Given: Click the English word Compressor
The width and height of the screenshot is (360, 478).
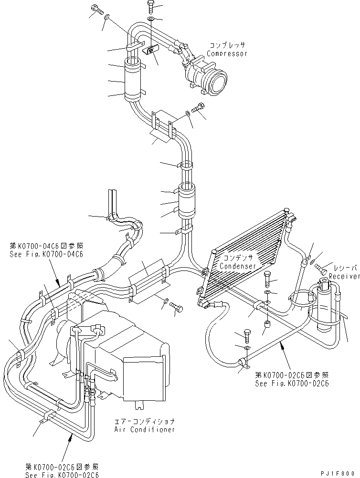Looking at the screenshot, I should click(227, 53).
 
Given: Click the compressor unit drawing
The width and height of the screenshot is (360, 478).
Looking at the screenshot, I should click(208, 76).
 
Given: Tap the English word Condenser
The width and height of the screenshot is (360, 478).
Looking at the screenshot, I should click(239, 266).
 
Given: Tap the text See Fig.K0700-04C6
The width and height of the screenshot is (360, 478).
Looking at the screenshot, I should click(46, 254).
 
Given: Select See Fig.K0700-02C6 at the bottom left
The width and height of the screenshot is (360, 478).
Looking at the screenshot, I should click(62, 476).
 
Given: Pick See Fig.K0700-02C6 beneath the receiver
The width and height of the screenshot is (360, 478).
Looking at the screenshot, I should click(292, 383).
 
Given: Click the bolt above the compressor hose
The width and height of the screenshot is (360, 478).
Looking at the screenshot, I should click(151, 6).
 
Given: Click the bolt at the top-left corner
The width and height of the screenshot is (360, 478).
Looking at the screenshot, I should click(95, 9).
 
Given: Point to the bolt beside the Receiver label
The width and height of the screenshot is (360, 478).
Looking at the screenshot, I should click(322, 269).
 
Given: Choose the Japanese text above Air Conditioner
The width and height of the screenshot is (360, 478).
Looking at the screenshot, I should click(145, 422).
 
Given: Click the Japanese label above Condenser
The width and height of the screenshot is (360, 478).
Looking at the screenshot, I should click(237, 258).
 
